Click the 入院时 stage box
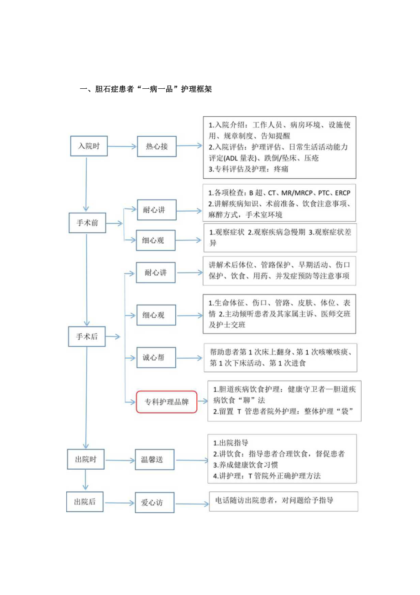pyautogui.click(x=89, y=146)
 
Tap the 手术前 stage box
pyautogui.click(x=87, y=224)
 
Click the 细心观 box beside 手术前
pyautogui.click(x=156, y=240)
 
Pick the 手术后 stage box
pyautogui.click(x=87, y=337)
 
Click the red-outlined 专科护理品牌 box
pyautogui.click(x=166, y=402)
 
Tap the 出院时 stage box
pyautogui.click(x=85, y=459)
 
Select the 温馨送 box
pyautogui.click(x=155, y=460)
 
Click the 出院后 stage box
pyautogui.click(x=85, y=502)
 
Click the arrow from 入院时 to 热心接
pyautogui.click(x=121, y=146)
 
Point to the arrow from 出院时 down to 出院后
pyautogui.click(x=85, y=480)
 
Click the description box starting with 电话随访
pyautogui.click(x=283, y=501)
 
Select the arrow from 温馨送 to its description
pyautogui.click(x=190, y=459)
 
